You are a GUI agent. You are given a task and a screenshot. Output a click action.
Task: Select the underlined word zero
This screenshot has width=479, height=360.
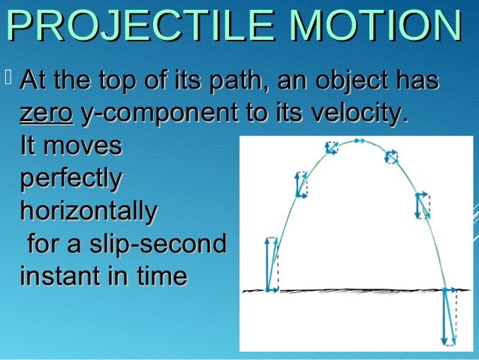pyautogui.click(x=45, y=113)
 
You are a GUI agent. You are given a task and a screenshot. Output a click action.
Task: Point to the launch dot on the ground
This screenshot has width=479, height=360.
pyautogui.click(x=268, y=289)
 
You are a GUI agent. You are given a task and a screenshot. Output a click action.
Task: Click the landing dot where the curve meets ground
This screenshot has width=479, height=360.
pyautogui.click(x=444, y=289)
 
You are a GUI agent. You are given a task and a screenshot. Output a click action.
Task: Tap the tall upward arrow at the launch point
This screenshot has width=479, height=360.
pyautogui.click(x=268, y=263)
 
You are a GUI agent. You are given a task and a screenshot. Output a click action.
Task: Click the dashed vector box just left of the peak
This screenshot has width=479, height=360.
pyautogui.click(x=331, y=147)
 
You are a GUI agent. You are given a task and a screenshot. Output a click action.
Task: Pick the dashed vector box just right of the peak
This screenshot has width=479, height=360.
pyautogui.click(x=391, y=156)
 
